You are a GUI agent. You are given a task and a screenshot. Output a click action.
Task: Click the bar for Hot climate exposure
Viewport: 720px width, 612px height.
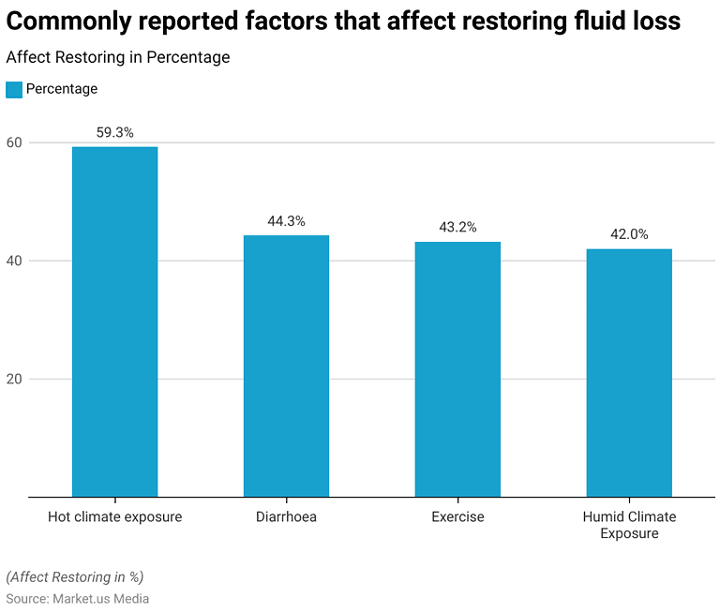(114, 321)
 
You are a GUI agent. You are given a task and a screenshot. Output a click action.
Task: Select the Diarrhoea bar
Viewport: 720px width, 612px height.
(286, 366)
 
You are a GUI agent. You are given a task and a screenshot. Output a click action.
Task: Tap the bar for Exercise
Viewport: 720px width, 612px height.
(457, 369)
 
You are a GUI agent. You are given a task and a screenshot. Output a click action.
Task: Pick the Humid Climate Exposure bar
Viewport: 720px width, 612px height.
(629, 372)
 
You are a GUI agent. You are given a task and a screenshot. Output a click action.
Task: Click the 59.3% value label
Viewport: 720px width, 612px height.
(114, 133)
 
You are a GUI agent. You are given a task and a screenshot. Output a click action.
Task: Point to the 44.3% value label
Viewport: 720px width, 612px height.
(286, 221)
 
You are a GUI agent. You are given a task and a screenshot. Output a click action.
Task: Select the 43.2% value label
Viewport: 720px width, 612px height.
(457, 228)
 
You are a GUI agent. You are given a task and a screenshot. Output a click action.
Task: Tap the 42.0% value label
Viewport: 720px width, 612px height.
(629, 234)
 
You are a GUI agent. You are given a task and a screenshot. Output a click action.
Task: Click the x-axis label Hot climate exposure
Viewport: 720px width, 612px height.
(114, 516)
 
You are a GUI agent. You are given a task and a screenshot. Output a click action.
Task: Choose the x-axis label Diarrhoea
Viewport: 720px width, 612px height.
(286, 516)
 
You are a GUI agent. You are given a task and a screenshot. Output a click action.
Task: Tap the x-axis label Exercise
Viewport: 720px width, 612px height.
(457, 516)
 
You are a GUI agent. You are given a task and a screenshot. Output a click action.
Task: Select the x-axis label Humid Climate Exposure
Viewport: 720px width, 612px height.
(629, 525)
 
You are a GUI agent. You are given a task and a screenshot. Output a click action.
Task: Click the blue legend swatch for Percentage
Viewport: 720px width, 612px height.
(14, 89)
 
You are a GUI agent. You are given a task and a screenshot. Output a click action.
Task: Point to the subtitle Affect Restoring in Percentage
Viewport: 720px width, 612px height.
(118, 57)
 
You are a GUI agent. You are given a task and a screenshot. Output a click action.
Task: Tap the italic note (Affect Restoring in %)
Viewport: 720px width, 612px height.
(75, 576)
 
